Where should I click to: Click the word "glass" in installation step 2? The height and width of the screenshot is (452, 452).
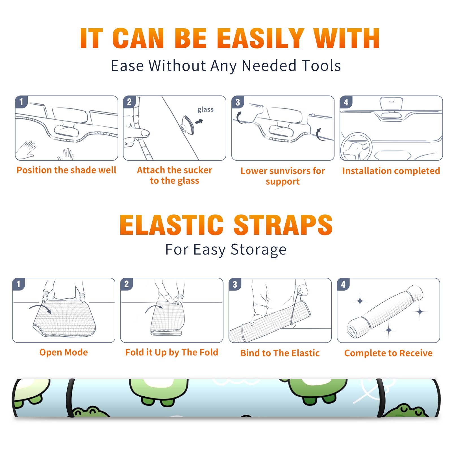205,110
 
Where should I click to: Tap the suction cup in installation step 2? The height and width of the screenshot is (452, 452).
188,125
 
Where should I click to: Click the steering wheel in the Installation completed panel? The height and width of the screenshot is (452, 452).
356,147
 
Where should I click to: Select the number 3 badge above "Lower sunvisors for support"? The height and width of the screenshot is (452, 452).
238,102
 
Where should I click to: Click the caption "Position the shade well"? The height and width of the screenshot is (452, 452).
66,170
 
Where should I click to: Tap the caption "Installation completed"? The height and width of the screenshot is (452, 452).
391,171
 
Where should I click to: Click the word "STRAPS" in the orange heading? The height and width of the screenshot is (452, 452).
283,225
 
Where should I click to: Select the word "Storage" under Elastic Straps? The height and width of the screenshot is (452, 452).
258,250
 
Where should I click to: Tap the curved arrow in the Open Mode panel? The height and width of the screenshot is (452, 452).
40,308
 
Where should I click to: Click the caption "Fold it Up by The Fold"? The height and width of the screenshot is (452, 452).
172,352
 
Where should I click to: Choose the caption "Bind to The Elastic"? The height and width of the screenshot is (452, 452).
280,353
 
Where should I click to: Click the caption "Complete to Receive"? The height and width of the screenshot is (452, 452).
388,353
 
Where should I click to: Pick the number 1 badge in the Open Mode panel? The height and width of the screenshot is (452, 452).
19,284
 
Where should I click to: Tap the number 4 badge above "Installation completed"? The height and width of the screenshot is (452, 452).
346,102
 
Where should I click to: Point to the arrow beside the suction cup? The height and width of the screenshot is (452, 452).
199,121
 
